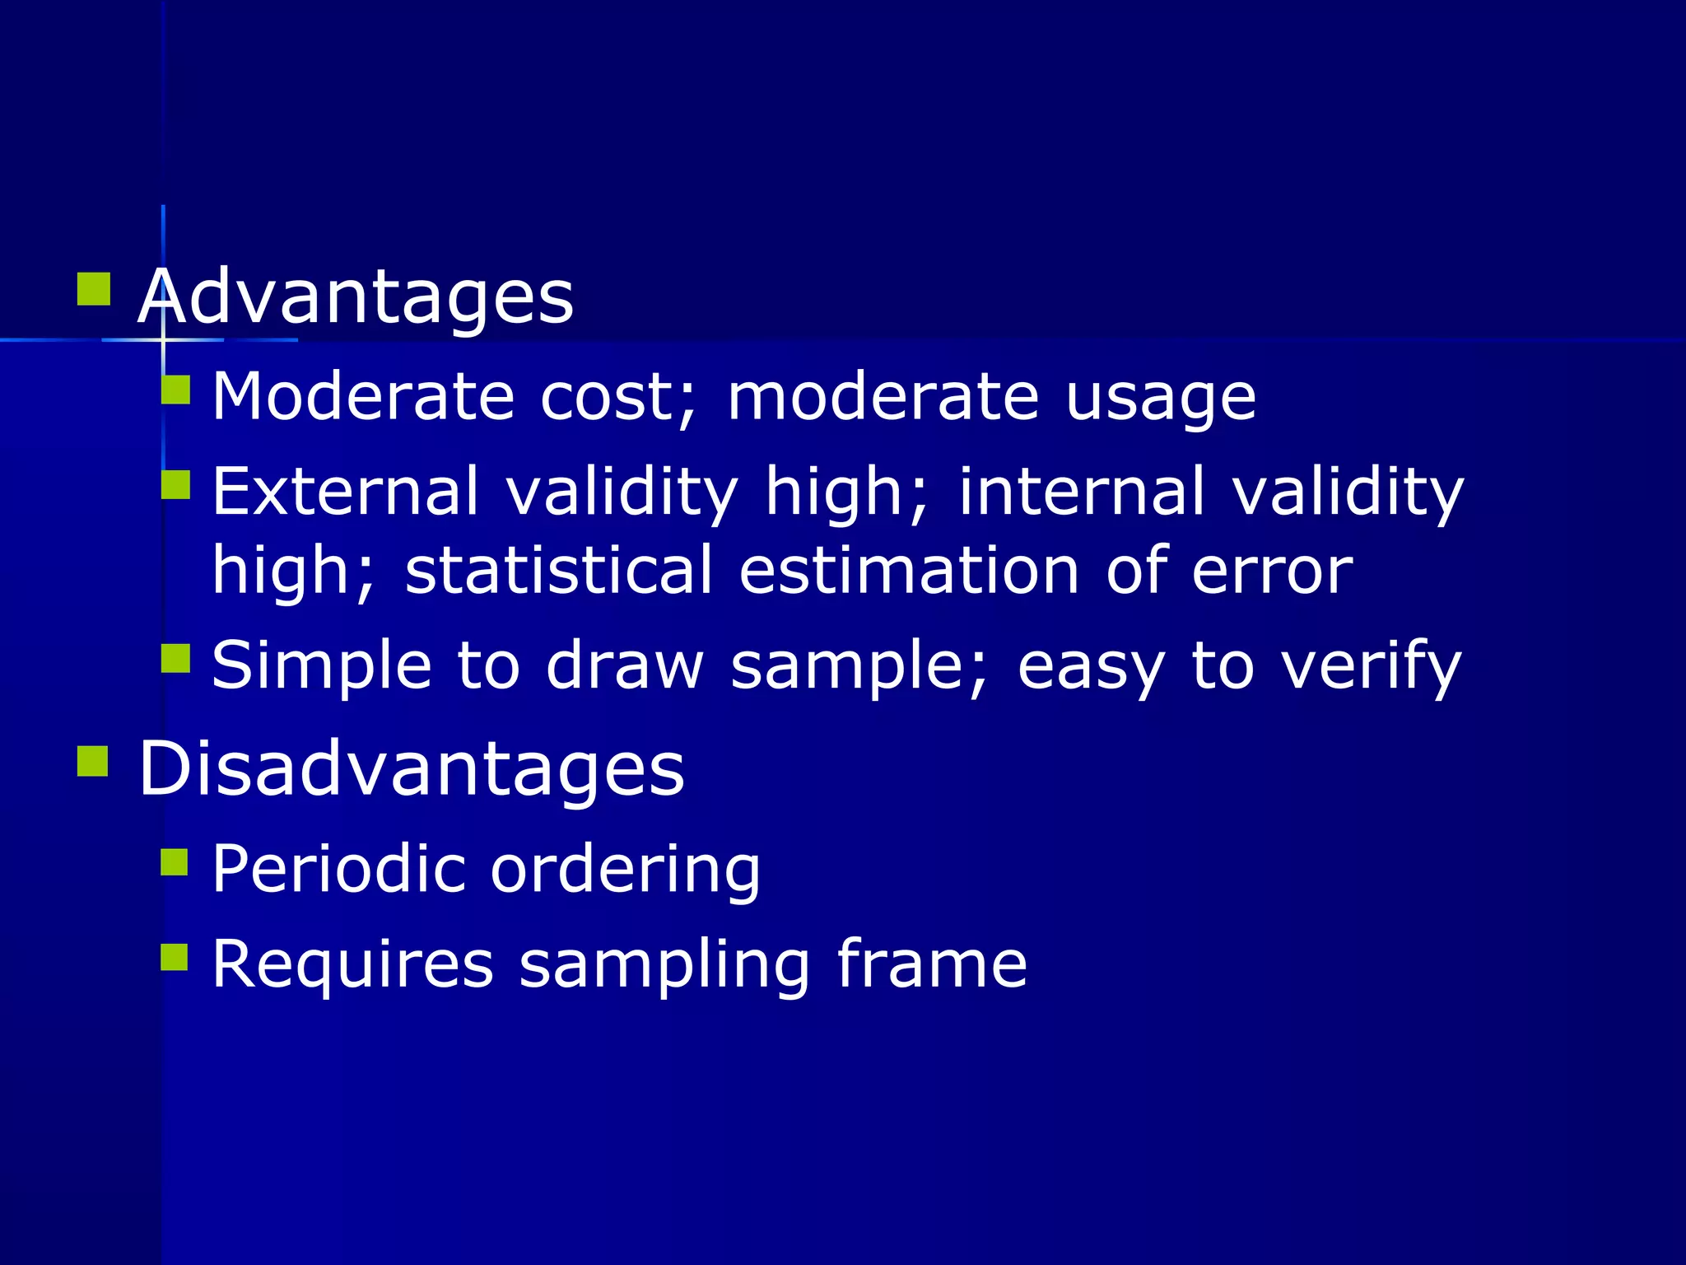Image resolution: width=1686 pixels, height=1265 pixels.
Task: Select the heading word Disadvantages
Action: coord(411,768)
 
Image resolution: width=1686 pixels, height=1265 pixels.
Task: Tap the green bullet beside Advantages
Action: coord(94,289)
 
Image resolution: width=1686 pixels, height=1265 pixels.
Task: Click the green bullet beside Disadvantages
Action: coord(93,761)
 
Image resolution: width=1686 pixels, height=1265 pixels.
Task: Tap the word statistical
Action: coord(559,570)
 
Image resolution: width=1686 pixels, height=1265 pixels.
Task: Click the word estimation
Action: coord(909,570)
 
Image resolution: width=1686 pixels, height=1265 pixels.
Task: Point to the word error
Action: coord(1272,572)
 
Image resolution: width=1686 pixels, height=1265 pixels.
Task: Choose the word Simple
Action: coord(322,665)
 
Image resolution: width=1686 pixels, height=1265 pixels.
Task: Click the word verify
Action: coord(1372,665)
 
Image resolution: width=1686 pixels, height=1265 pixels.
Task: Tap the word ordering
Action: coord(626,871)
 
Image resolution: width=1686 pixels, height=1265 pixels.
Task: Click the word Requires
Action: coord(353,964)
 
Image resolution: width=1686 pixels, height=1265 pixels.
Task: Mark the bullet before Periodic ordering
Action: coord(175,862)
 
